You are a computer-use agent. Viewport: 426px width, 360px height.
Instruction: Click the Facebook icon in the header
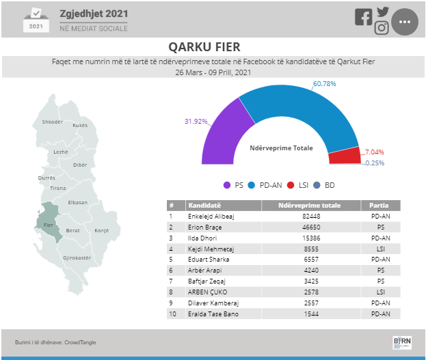pyautogui.click(x=363, y=17)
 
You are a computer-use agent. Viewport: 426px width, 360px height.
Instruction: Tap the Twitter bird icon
pyautogui.click(x=383, y=12)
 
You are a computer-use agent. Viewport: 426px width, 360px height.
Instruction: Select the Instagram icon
pyautogui.click(x=382, y=28)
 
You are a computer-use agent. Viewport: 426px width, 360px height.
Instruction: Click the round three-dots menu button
pyautogui.click(x=405, y=22)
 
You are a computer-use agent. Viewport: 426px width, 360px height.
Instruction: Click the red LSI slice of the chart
pyautogui.click(x=345, y=156)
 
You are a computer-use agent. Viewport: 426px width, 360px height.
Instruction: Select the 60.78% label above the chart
pyautogui.click(x=324, y=84)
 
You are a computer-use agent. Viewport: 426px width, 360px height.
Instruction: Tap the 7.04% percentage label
pyautogui.click(x=374, y=152)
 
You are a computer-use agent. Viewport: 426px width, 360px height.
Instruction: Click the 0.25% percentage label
pyautogui.click(x=375, y=163)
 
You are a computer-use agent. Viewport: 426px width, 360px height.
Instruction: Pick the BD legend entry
pyautogui.click(x=324, y=185)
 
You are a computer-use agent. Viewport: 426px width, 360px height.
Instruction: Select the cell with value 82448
pyautogui.click(x=311, y=217)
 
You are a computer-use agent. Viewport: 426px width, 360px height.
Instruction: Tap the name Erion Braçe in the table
pyautogui.click(x=205, y=227)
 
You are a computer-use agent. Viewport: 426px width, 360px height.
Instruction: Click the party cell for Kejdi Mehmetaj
pyautogui.click(x=381, y=249)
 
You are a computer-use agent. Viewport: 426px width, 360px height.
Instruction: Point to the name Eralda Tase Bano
pyautogui.click(x=213, y=314)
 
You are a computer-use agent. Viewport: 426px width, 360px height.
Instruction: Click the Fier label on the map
pyautogui.click(x=49, y=225)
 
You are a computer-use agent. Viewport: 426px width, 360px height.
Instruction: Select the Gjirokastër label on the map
pyautogui.click(x=77, y=258)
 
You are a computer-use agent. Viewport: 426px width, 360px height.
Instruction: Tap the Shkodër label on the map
pyautogui.click(x=53, y=122)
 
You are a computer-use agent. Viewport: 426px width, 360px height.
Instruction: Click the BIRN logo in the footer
pyautogui.click(x=402, y=343)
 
